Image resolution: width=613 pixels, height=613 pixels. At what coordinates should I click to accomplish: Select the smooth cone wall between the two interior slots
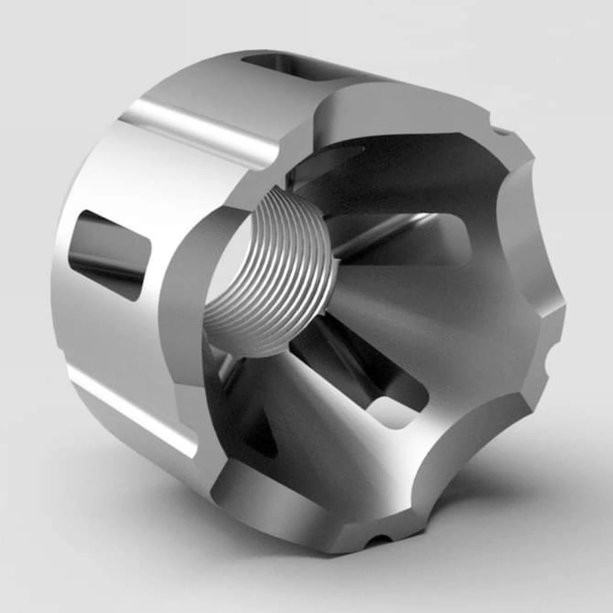pos(431,318)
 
